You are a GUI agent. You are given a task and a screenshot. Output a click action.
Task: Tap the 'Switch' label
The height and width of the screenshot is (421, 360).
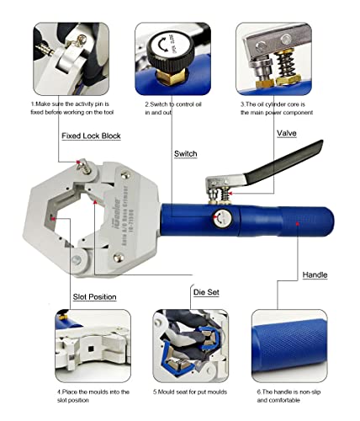[185, 154]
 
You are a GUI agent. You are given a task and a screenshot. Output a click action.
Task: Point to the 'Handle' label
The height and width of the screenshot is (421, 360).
[315, 274]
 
